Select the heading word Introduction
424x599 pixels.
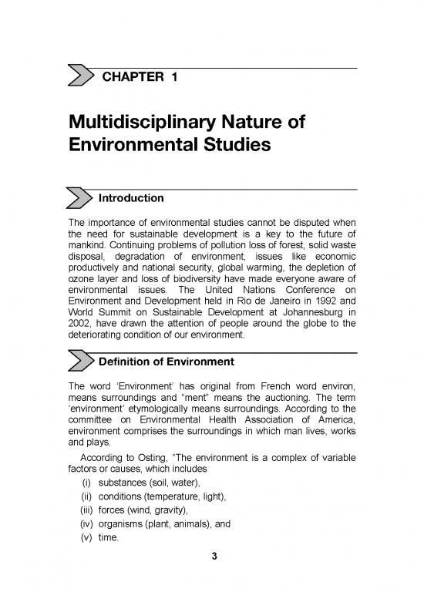pyautogui.click(x=131, y=198)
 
